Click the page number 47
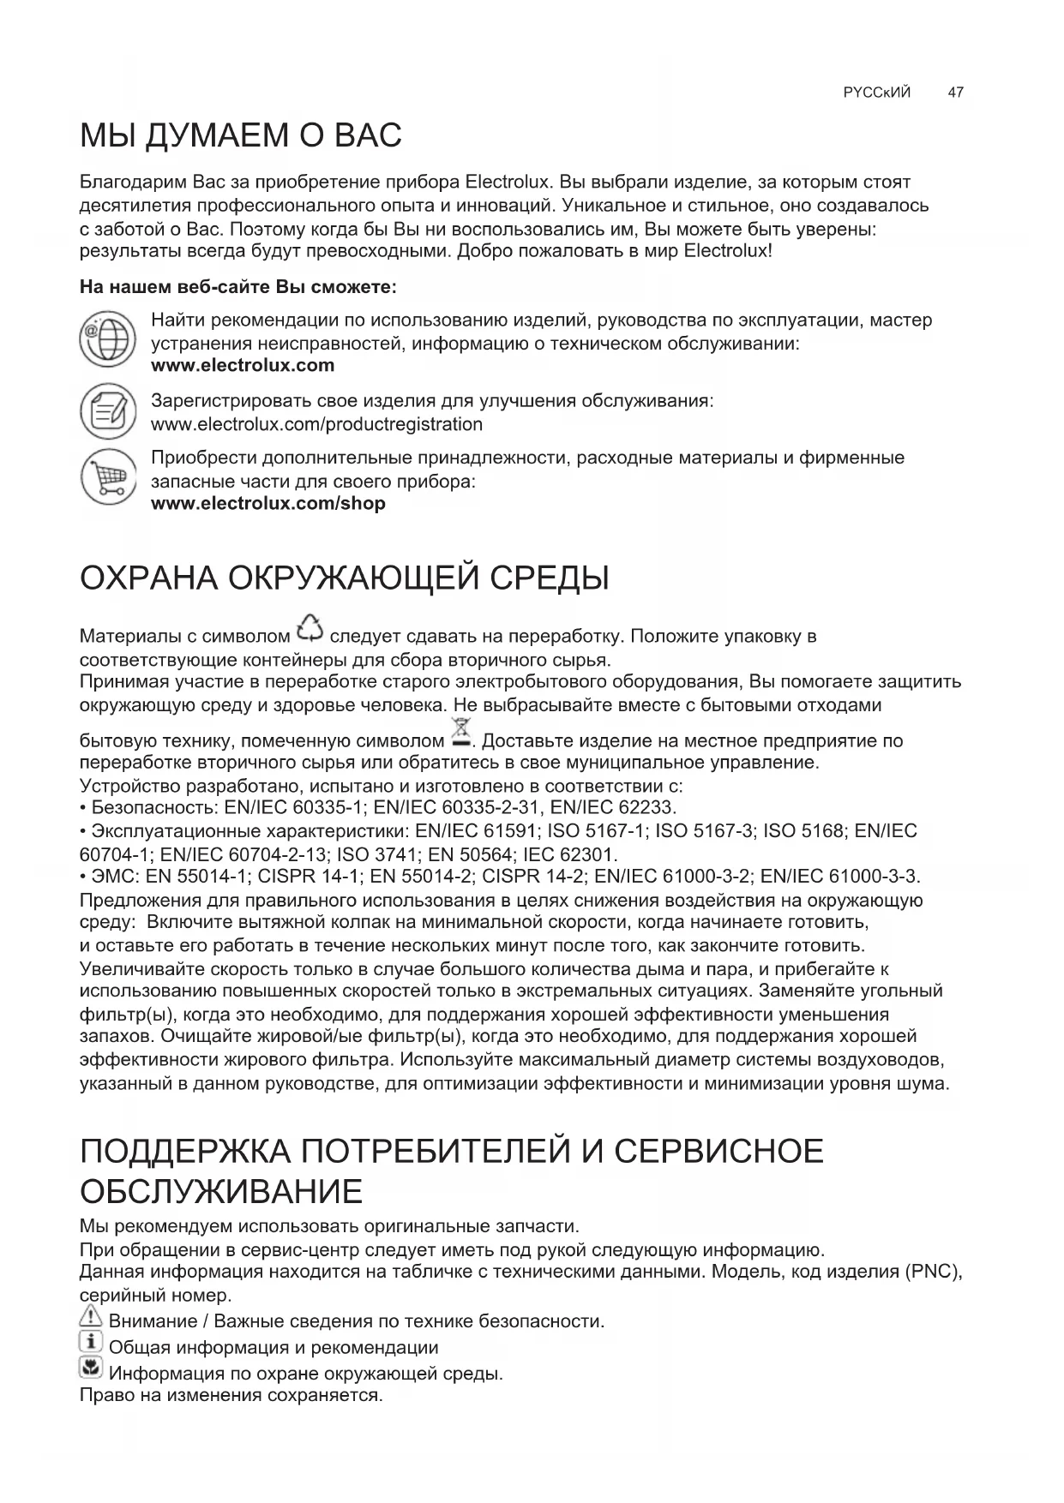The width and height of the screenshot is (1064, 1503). pyautogui.click(x=956, y=93)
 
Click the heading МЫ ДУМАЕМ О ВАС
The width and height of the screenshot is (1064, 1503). pyautogui.click(x=241, y=136)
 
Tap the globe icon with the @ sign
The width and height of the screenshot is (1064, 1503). pyautogui.click(x=108, y=342)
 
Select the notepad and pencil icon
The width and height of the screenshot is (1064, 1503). pyautogui.click(x=108, y=411)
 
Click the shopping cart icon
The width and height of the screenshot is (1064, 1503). pyautogui.click(x=108, y=478)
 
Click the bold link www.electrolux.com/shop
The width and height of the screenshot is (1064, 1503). pyautogui.click(x=268, y=504)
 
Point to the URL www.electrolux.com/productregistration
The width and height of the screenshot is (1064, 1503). pyautogui.click(x=316, y=424)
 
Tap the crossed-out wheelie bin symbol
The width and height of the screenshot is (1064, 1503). pyautogui.click(x=460, y=736)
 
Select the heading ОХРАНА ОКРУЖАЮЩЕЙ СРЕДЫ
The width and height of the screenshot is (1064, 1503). pyautogui.click(x=344, y=578)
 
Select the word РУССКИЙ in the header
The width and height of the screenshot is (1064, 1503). pyautogui.click(x=877, y=93)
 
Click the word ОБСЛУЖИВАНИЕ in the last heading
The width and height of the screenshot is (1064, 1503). pyautogui.click(x=221, y=1192)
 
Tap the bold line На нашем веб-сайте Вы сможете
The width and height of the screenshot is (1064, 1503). pyautogui.click(x=237, y=287)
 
